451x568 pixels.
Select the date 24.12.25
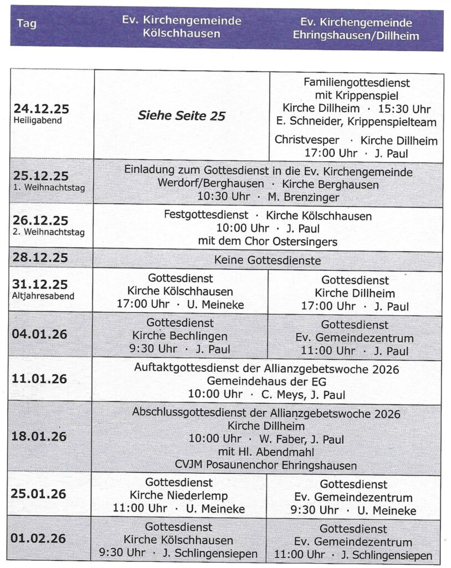coord(41,109)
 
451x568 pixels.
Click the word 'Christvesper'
coord(306,140)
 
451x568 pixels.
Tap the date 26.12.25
coord(41,221)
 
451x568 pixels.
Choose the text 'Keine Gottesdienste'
coord(268,260)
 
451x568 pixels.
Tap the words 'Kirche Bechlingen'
coord(180,336)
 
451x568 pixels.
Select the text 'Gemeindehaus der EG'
coord(266,381)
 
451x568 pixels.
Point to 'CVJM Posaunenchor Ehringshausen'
coord(266,465)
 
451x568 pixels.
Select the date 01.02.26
coord(39,538)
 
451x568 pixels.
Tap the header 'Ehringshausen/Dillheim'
coord(356,35)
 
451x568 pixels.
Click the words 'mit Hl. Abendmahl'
coord(266,452)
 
